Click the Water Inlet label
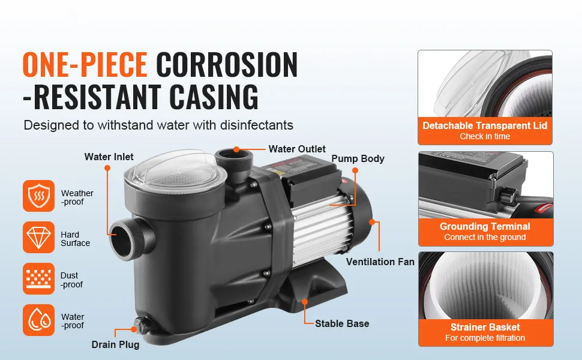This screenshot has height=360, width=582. pyautogui.click(x=109, y=157)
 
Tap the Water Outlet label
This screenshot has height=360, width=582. pyautogui.click(x=297, y=149)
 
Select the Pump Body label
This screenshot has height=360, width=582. pyautogui.click(x=358, y=159)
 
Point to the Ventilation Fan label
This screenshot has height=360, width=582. pyautogui.click(x=380, y=262)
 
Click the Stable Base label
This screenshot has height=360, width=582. pyautogui.click(x=342, y=323)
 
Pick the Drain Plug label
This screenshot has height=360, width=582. pyautogui.click(x=115, y=345)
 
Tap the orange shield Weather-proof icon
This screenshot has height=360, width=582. pyautogui.click(x=38, y=196)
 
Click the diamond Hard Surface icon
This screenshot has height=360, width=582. pyautogui.click(x=38, y=238)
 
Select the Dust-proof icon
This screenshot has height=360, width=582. pyautogui.click(x=38, y=279)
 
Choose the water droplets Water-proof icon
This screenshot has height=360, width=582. pyautogui.click(x=38, y=320)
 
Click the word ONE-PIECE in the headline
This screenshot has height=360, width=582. pyautogui.click(x=85, y=65)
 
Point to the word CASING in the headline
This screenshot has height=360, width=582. pyautogui.click(x=214, y=97)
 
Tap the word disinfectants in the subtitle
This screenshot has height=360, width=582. pyautogui.click(x=257, y=125)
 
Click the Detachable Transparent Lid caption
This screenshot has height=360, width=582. pyautogui.click(x=485, y=126)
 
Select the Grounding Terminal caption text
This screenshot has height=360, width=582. pyautogui.click(x=485, y=226)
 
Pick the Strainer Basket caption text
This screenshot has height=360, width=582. pyautogui.click(x=485, y=328)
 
